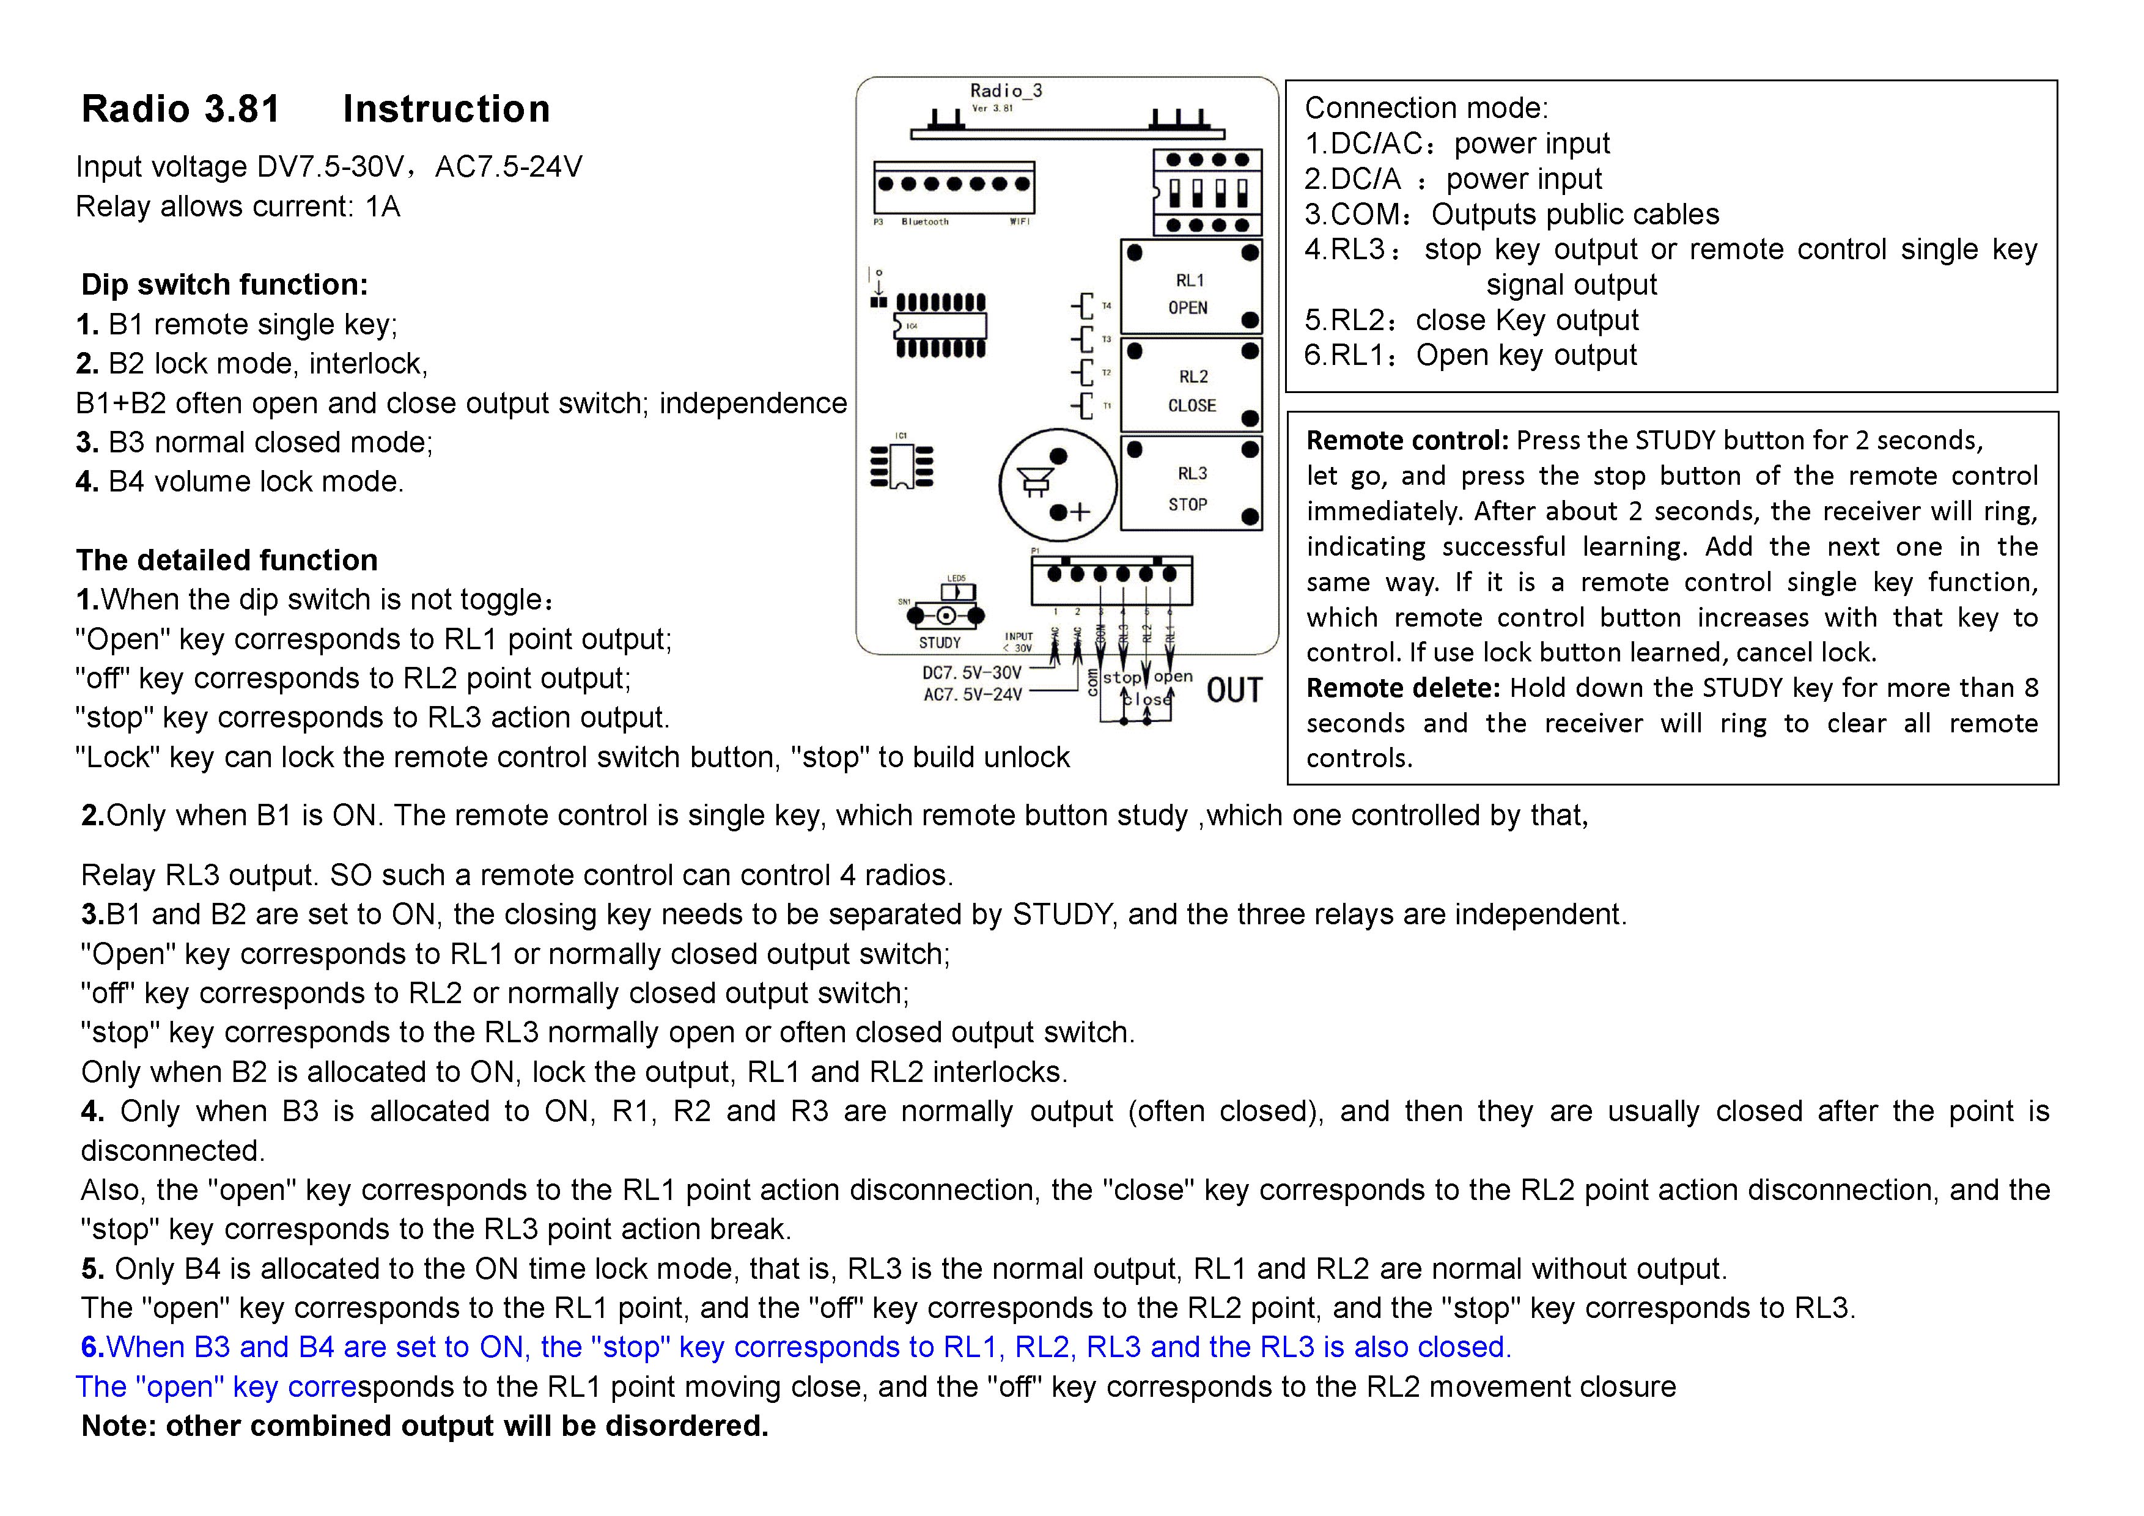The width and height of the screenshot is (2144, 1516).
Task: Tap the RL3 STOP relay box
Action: click(x=1190, y=484)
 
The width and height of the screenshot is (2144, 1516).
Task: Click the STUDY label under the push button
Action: click(x=940, y=642)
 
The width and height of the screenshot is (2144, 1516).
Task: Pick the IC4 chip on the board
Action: click(x=940, y=326)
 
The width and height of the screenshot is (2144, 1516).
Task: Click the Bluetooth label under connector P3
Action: click(x=924, y=222)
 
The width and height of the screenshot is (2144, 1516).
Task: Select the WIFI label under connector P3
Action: click(x=1020, y=222)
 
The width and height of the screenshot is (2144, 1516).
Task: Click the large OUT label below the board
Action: click(x=1234, y=691)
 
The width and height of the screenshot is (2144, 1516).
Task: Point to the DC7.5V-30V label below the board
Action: click(x=972, y=673)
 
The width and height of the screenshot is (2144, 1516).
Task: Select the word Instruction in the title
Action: click(x=446, y=109)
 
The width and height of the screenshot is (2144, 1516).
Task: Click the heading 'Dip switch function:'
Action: click(x=224, y=285)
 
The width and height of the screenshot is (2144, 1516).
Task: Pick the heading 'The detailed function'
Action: click(x=227, y=560)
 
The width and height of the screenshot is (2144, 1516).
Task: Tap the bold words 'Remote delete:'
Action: click(x=1402, y=688)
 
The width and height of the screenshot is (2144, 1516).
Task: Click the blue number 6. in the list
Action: click(x=92, y=1347)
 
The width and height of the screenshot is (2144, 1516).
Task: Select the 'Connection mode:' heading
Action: click(x=1426, y=108)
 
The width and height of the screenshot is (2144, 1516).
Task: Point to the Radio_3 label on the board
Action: click(x=1006, y=90)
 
